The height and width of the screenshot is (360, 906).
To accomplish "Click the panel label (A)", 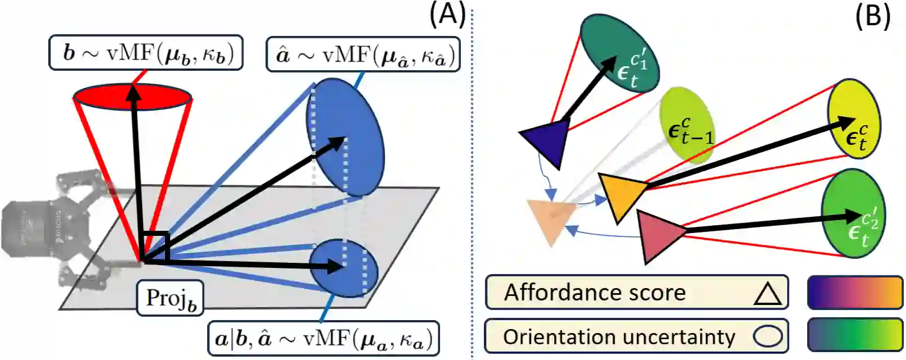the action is click(447, 17).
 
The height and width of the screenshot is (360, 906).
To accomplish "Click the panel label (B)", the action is click(873, 17).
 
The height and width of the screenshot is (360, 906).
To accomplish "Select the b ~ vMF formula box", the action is click(146, 53).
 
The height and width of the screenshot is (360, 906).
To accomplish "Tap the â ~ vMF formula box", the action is click(363, 54).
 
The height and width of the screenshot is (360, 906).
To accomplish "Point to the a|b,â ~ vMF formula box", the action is click(323, 338).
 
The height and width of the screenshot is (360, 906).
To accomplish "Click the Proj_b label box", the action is click(170, 298).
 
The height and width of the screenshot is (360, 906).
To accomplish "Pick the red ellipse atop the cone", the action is click(132, 97).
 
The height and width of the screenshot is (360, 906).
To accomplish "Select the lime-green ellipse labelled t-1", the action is click(687, 125).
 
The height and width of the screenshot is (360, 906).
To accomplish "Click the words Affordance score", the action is click(594, 292).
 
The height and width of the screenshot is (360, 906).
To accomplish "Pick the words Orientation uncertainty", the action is click(619, 336).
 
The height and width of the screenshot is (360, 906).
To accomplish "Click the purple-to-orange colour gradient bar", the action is click(855, 293).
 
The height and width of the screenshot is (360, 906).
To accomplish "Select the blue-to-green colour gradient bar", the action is click(855, 335).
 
